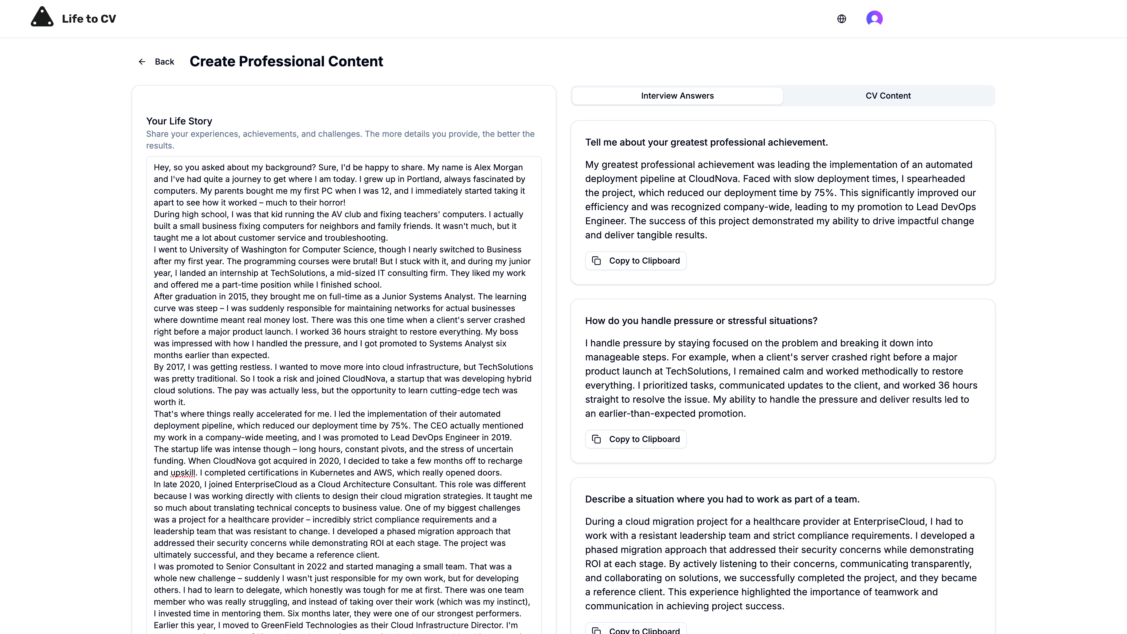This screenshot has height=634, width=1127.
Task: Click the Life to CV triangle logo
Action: point(42,18)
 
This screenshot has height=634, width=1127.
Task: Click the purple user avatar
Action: point(874,18)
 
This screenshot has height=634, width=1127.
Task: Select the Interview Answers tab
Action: point(677,96)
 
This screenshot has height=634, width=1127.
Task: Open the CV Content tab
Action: point(888,96)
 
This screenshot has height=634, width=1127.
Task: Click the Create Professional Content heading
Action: point(286,61)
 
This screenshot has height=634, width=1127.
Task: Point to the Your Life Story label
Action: point(179,121)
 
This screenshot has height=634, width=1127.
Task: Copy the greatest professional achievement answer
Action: point(636,261)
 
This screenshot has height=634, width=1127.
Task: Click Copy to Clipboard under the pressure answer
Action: point(636,439)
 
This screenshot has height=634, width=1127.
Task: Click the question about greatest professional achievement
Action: point(706,142)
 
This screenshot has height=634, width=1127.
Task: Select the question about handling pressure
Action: point(701,321)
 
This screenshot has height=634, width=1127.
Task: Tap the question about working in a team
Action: point(722,499)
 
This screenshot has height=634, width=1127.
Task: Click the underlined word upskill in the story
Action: point(183,473)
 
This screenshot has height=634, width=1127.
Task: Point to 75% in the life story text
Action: point(399,426)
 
